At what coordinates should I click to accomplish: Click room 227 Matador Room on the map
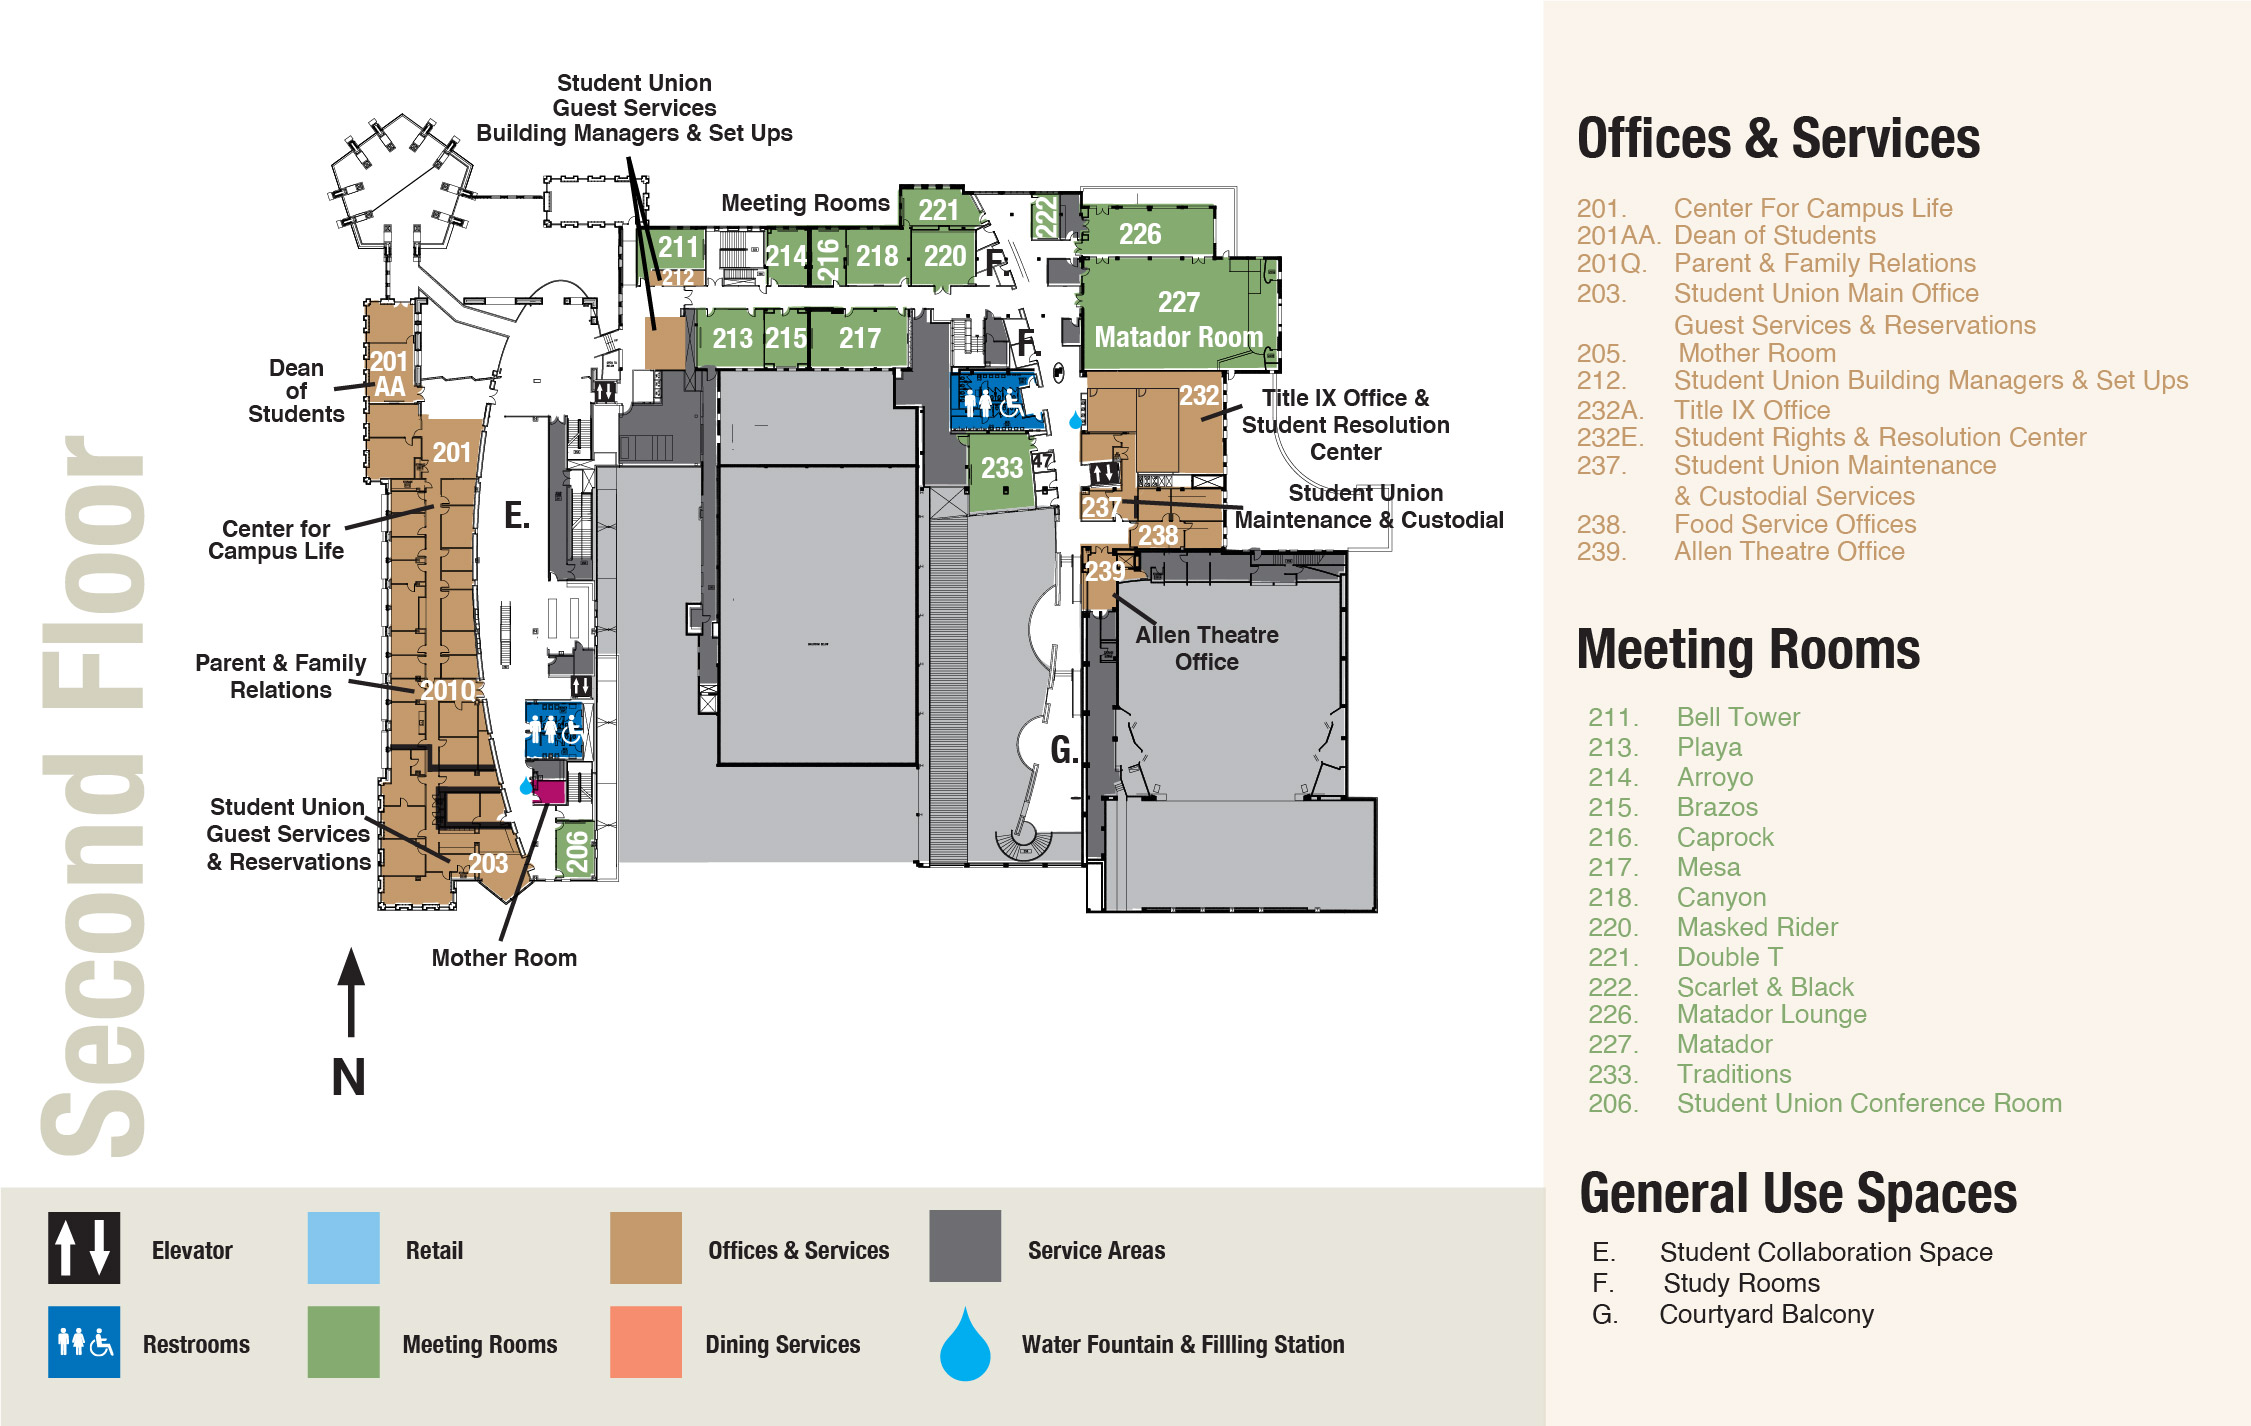pyautogui.click(x=1179, y=315)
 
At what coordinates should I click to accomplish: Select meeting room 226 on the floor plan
pyautogui.click(x=1147, y=231)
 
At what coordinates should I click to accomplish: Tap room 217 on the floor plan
pyautogui.click(x=859, y=338)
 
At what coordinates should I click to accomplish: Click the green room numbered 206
pyautogui.click(x=577, y=850)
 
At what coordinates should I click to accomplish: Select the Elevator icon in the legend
pyautogui.click(x=84, y=1248)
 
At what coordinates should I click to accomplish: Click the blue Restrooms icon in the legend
pyautogui.click(x=84, y=1342)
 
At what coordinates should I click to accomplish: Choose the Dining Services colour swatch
pyautogui.click(x=646, y=1342)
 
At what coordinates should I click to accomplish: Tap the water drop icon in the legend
pyautogui.click(x=965, y=1344)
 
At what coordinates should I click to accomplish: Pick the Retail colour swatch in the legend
pyautogui.click(x=343, y=1248)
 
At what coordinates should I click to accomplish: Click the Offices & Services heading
pyautogui.click(x=1778, y=138)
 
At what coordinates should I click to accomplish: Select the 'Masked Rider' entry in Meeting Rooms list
pyautogui.click(x=1757, y=927)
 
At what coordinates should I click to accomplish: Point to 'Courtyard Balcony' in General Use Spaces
pyautogui.click(x=1766, y=1314)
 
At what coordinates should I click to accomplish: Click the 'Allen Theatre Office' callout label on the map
pyautogui.click(x=1207, y=648)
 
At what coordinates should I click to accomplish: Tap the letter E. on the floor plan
pyautogui.click(x=517, y=515)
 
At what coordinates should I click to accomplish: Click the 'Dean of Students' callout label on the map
pyautogui.click(x=296, y=391)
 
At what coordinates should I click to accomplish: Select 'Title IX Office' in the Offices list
pyautogui.click(x=1752, y=410)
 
